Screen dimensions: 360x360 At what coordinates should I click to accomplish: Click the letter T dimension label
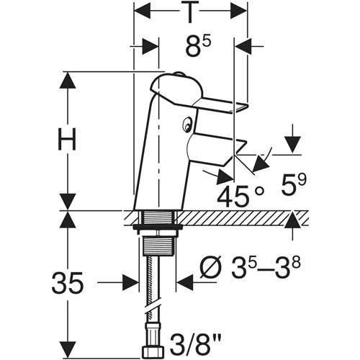190,12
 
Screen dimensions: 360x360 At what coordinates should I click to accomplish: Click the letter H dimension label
67,139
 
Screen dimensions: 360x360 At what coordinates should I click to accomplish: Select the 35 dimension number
68,283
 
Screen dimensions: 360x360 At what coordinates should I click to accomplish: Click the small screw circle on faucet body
186,125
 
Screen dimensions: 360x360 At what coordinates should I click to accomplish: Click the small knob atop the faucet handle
179,73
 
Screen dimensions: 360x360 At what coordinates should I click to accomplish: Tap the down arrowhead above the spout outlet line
293,144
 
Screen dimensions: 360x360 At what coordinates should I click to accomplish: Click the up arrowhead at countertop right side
293,220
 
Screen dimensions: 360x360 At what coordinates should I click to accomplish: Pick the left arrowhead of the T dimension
142,11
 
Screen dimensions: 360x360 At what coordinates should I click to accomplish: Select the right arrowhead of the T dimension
238,11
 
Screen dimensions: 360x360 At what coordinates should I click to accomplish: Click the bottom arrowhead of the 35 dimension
67,350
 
